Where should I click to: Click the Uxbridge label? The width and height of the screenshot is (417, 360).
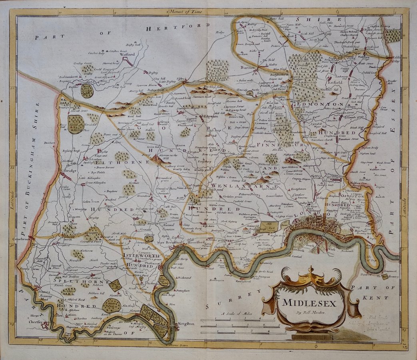[68, 171]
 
